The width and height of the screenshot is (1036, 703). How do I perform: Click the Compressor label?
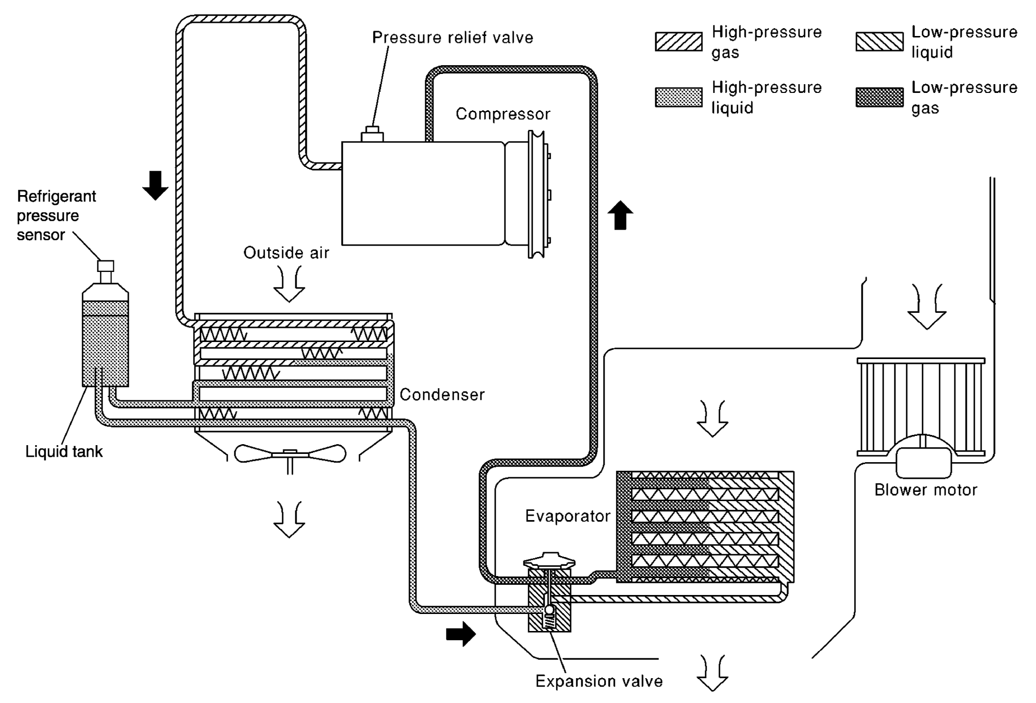tap(502, 114)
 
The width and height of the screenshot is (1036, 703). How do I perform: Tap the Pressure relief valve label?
tap(452, 37)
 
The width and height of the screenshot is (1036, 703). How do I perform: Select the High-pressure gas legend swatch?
tap(679, 42)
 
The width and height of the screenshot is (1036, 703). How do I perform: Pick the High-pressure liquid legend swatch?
tap(679, 97)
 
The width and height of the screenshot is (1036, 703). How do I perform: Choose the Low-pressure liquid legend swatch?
tap(879, 42)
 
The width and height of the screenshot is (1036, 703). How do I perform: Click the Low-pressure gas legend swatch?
tap(879, 97)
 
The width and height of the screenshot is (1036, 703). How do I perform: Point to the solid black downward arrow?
tap(155, 185)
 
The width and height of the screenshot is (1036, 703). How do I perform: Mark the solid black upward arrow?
tap(620, 215)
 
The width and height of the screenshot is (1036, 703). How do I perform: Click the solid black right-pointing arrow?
tap(461, 634)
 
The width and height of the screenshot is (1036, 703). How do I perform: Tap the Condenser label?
tap(442, 395)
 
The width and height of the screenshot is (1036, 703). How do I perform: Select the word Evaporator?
tap(568, 516)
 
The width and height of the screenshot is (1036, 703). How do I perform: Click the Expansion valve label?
tap(599, 681)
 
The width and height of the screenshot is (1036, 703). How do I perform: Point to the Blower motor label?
tap(926, 490)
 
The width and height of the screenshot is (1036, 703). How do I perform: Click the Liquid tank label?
tap(64, 451)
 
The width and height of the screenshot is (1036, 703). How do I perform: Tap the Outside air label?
tap(286, 253)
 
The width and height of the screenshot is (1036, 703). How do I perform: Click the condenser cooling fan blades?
tap(290, 454)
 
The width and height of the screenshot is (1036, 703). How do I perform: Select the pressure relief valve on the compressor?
tap(372, 134)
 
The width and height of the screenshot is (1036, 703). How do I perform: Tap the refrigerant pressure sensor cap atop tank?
tap(106, 266)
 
